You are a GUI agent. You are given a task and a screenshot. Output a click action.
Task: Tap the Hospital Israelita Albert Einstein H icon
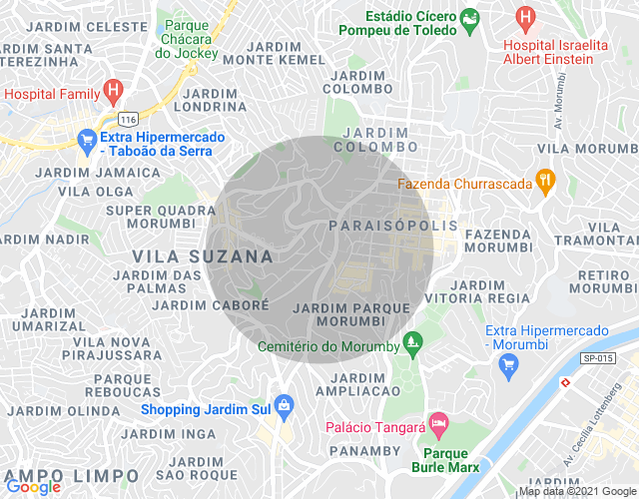pyautogui.click(x=524, y=17)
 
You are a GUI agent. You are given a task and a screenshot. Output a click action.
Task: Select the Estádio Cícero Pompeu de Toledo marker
pyautogui.click(x=466, y=17)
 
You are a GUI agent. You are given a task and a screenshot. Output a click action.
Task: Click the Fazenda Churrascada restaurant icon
pyautogui.click(x=544, y=183)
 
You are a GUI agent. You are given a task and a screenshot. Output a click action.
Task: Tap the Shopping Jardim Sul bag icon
pyautogui.click(x=285, y=404)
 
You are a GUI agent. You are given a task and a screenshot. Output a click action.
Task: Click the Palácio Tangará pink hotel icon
pyautogui.click(x=436, y=424)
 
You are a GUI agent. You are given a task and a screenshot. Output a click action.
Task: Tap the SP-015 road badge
pyautogui.click(x=597, y=356)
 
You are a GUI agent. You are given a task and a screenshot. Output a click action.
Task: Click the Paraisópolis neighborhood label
pyautogui.click(x=392, y=227)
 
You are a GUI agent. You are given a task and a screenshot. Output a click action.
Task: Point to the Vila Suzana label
pyautogui.click(x=203, y=256)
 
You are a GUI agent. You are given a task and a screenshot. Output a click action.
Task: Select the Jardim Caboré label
pyautogui.click(x=211, y=304)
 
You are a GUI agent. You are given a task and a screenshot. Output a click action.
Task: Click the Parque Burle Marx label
pyautogui.click(x=445, y=460)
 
